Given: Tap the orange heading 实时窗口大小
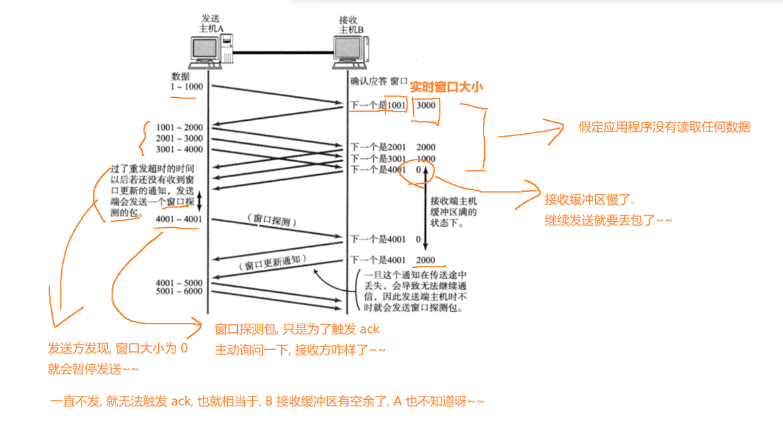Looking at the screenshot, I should click(x=447, y=87).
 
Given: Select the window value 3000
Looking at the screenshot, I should click(x=426, y=105).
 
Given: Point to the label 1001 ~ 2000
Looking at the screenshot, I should click(x=179, y=127).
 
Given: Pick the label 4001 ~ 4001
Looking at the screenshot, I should click(x=179, y=219).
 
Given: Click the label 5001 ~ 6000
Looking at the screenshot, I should click(x=179, y=292).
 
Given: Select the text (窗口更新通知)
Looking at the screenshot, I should click(x=271, y=263).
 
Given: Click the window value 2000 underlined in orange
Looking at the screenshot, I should click(x=426, y=260).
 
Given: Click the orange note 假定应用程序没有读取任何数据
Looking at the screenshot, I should click(x=664, y=127).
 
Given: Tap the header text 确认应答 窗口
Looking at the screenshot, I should click(x=379, y=81).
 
